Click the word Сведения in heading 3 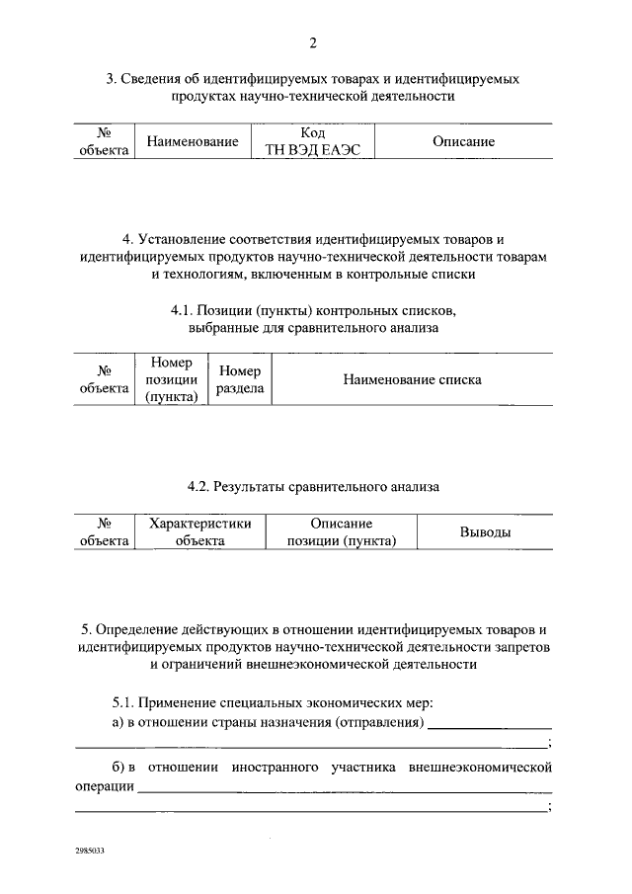pos(155,77)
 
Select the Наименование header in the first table pos(193,142)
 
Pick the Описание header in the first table pos(463,142)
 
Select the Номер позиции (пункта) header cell pos(173,380)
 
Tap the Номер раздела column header pos(240,380)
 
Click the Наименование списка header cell pos(412,380)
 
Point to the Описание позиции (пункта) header pos(341,532)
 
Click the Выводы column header pos(485,533)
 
